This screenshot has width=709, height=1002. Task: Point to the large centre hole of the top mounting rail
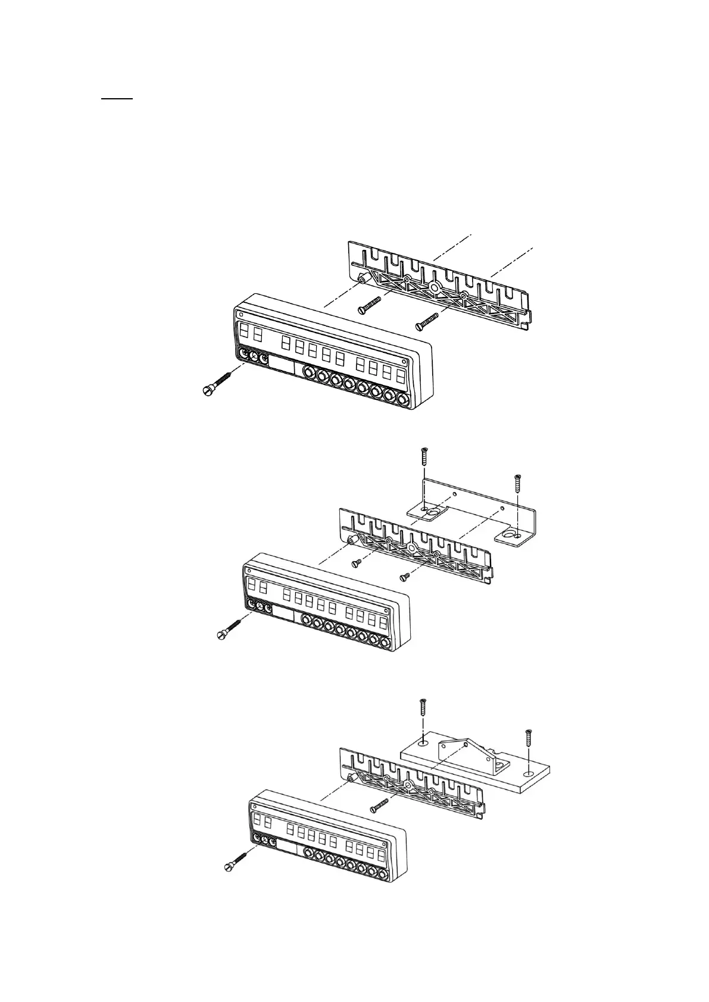(x=435, y=287)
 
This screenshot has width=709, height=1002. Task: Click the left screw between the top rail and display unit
(x=370, y=304)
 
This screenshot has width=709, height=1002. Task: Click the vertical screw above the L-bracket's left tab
(x=423, y=457)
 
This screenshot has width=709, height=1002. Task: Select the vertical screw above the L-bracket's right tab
(x=517, y=482)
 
